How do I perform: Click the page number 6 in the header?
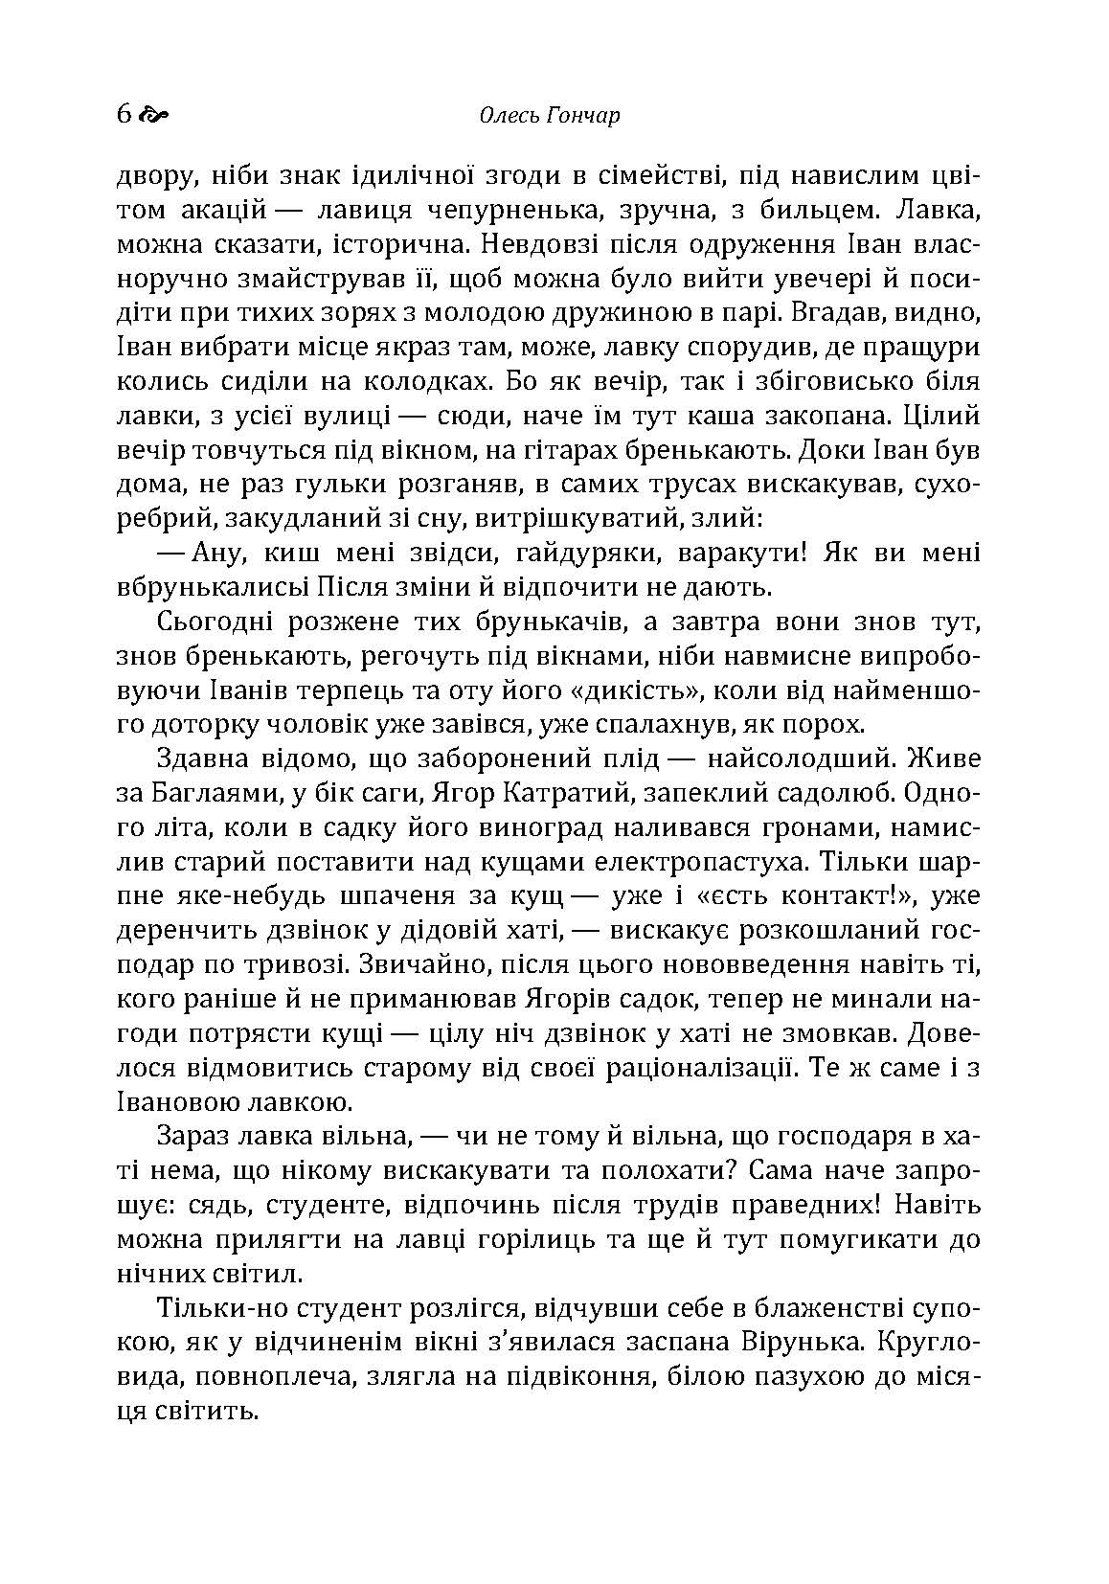point(123,115)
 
